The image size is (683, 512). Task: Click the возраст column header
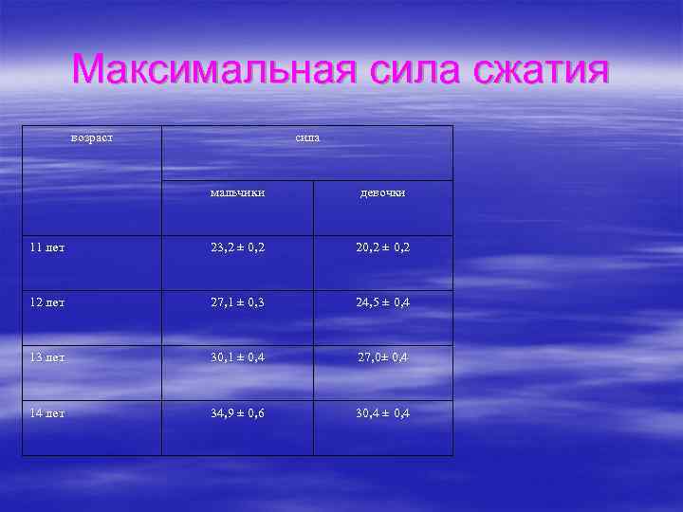(x=92, y=137)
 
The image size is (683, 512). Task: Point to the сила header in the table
(x=307, y=137)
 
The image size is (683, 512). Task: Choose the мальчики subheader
(x=237, y=192)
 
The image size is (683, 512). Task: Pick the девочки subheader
(x=382, y=192)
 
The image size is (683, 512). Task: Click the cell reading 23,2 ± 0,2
(x=238, y=247)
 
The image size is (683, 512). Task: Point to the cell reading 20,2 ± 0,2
(x=383, y=247)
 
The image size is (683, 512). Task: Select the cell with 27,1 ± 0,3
(x=238, y=302)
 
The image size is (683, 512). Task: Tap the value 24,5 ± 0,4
(x=383, y=302)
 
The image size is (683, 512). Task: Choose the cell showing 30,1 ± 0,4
(x=238, y=357)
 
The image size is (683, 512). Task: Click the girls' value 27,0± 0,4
(x=383, y=357)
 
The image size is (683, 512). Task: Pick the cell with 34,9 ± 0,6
(x=238, y=413)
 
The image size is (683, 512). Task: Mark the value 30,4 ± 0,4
(x=383, y=413)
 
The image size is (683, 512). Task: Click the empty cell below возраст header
(x=92, y=207)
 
